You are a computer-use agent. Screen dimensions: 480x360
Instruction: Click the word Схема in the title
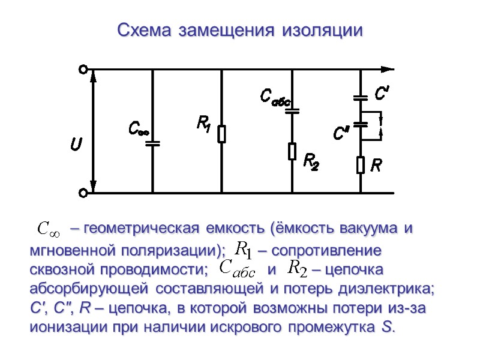pos(139,29)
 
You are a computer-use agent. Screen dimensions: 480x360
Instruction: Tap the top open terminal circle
pos(83,69)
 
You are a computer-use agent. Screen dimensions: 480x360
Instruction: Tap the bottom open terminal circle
pos(83,193)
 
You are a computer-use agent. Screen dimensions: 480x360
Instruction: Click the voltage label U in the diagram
pos(76,144)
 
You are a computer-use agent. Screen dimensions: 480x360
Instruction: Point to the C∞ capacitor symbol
pos(152,143)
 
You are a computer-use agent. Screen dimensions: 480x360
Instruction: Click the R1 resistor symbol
pos(222,134)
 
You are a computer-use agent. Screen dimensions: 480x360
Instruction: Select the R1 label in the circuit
pos(203,125)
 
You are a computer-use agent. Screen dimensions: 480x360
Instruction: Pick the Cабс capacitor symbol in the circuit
pos(292,111)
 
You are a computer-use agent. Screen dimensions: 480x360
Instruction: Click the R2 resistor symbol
pos(292,151)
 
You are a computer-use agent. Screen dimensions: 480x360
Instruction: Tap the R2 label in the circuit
pos(311,161)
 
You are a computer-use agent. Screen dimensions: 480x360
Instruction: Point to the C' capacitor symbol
pos(361,97)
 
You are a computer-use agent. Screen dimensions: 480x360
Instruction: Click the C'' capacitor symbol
pos(361,124)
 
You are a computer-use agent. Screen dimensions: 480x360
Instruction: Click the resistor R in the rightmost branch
pos(361,164)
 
